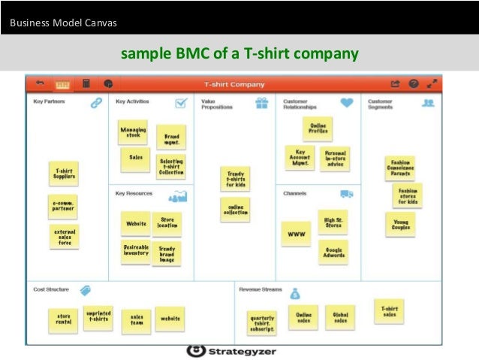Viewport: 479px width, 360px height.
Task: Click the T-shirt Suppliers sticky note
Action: (64, 174)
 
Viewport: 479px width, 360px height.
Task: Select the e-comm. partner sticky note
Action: (62, 206)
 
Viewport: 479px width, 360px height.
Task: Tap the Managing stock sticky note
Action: (133, 132)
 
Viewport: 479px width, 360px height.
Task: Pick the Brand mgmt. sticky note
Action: (172, 138)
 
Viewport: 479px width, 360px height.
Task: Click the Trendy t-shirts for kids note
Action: (235, 180)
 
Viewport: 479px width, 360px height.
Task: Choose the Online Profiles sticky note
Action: (318, 129)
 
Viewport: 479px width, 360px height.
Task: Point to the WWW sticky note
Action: (295, 234)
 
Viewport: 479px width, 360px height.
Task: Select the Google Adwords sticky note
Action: (333, 252)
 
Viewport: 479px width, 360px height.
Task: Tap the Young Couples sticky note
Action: (401, 224)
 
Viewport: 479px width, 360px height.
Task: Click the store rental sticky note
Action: (63, 319)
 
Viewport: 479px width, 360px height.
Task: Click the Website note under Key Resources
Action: (136, 223)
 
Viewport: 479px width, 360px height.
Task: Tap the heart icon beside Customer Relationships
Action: (346, 103)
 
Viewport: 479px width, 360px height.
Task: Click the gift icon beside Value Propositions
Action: (261, 103)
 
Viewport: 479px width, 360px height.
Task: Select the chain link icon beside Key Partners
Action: (96, 103)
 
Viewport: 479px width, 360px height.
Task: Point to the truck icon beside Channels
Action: (347, 194)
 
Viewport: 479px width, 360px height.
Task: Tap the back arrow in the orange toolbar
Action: (41, 83)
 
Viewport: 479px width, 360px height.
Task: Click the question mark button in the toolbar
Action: (413, 83)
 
